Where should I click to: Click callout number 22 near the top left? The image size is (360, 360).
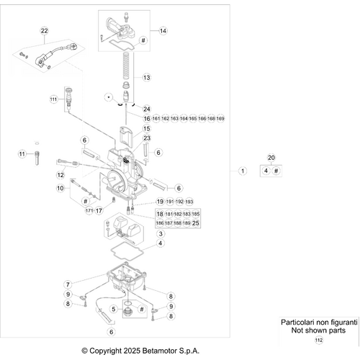(44, 30)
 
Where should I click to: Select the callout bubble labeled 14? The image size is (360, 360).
(163, 31)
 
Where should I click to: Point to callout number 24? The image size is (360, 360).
(146, 109)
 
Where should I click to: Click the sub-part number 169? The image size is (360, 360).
(220, 118)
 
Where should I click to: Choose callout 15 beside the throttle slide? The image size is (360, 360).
(146, 128)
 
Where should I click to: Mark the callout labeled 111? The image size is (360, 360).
(53, 99)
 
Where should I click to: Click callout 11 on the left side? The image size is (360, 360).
(22, 153)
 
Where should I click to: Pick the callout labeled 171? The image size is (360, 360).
(89, 211)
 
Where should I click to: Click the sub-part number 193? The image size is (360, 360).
(199, 202)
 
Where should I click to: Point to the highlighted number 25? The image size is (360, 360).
(195, 223)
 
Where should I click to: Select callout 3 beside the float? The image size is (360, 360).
(161, 234)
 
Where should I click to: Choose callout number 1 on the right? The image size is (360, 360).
(243, 171)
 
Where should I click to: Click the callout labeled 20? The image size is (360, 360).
(271, 157)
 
